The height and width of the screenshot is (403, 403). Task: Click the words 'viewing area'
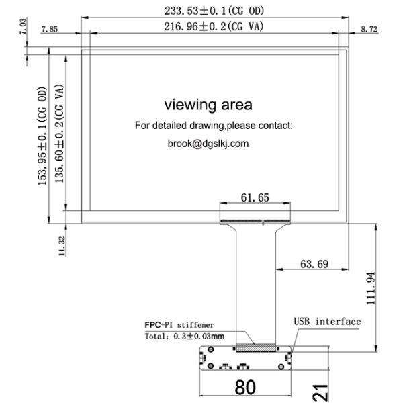pos(208,105)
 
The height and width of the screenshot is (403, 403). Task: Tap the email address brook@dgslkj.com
pos(208,143)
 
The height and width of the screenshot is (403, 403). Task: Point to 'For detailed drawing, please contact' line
pos(214,126)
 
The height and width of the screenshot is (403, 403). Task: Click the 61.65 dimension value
pos(255,197)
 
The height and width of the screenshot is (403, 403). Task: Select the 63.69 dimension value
pos(314,264)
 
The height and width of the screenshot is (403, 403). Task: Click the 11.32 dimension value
pos(61,246)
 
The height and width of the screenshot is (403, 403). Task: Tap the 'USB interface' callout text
pos(327,322)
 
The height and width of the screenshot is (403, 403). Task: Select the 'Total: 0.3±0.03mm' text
pos(185,335)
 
